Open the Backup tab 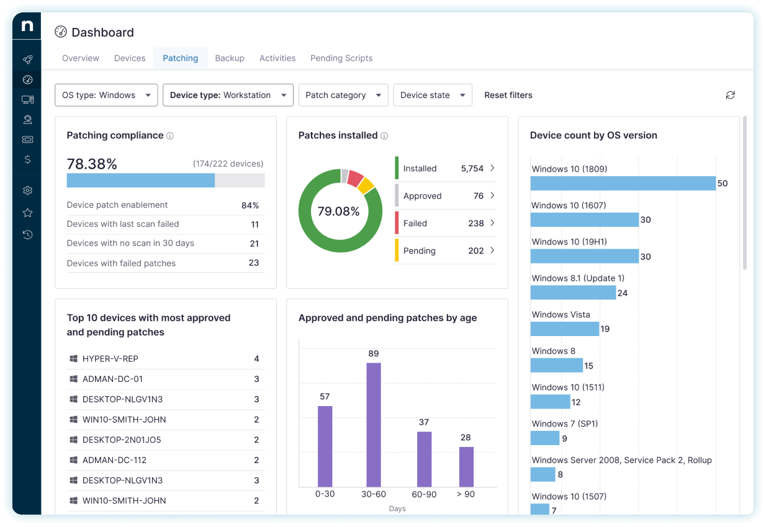tap(229, 58)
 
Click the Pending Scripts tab tap(341, 58)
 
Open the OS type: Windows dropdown tap(106, 95)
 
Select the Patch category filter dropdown tap(343, 95)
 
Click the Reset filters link tap(508, 95)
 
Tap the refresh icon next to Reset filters tap(730, 95)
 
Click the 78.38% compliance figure tap(92, 164)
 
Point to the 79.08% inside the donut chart tap(338, 211)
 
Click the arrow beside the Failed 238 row tap(492, 223)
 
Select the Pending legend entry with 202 tap(420, 251)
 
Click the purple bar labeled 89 tap(373, 425)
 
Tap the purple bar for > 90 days tap(466, 466)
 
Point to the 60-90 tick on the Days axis tap(424, 495)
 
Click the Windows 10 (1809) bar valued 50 tap(623, 184)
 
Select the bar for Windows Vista tap(564, 329)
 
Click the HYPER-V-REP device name tap(110, 359)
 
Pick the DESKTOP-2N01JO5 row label tap(113, 440)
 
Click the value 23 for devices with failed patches tap(253, 263)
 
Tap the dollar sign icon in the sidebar tap(27, 159)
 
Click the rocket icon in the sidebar tap(27, 60)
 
